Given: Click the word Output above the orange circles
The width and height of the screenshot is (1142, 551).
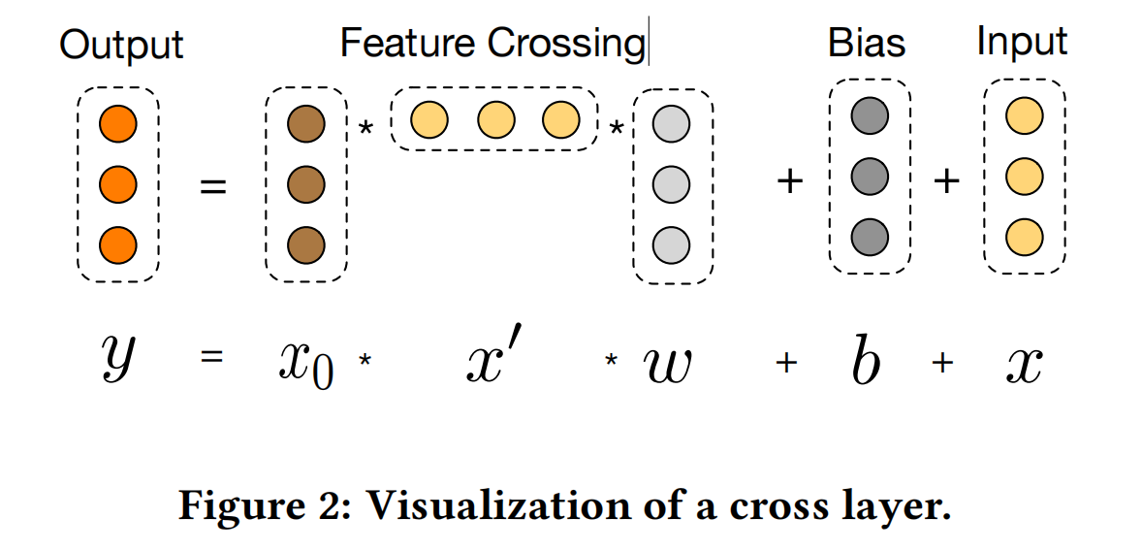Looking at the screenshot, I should click(121, 45).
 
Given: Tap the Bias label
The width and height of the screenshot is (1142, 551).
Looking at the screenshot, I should click(866, 43).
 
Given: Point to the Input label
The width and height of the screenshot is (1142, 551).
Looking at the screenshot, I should click(1022, 42).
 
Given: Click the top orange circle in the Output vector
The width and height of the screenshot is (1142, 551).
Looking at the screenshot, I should click(118, 124).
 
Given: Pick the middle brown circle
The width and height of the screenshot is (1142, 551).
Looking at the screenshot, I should click(305, 183).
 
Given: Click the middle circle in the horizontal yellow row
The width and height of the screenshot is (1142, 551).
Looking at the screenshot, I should click(495, 121).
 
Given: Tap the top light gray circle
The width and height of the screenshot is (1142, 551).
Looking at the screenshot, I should click(671, 125).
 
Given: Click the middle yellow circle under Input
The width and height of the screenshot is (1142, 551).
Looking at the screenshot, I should click(1024, 177).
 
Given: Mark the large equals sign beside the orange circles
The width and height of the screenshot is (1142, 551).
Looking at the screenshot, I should click(212, 184).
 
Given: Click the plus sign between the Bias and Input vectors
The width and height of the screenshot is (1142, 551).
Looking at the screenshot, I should click(946, 181).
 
